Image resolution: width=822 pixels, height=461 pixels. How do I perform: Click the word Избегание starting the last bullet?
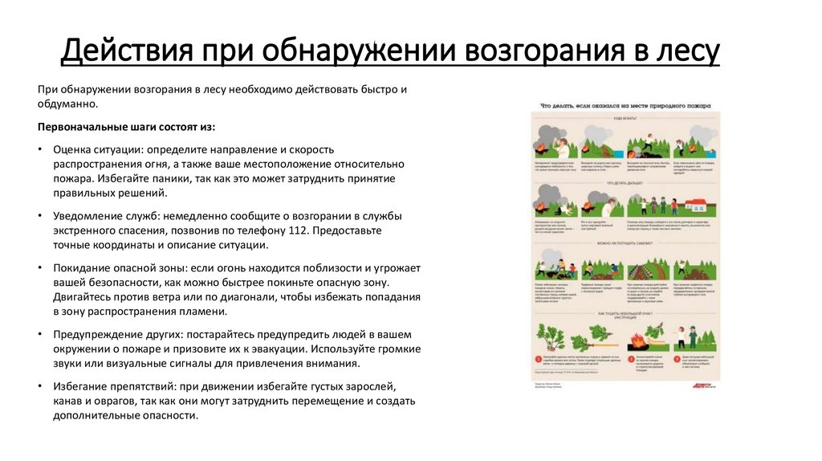click(x=79, y=386)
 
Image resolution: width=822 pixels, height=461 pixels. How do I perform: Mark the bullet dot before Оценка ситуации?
click(x=41, y=150)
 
